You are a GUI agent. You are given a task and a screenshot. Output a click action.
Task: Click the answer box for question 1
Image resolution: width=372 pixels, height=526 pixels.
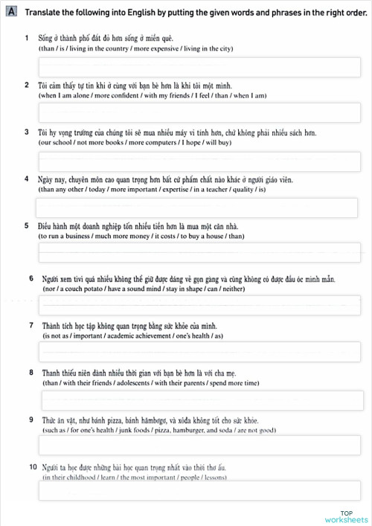[x=199, y=66]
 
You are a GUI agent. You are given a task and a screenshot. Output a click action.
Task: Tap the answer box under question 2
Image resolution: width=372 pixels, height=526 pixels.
[x=199, y=112]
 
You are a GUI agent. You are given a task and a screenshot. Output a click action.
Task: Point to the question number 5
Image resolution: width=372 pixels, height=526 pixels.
[x=27, y=225]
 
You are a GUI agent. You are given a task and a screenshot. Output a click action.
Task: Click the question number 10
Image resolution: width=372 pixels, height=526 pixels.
[x=31, y=466]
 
